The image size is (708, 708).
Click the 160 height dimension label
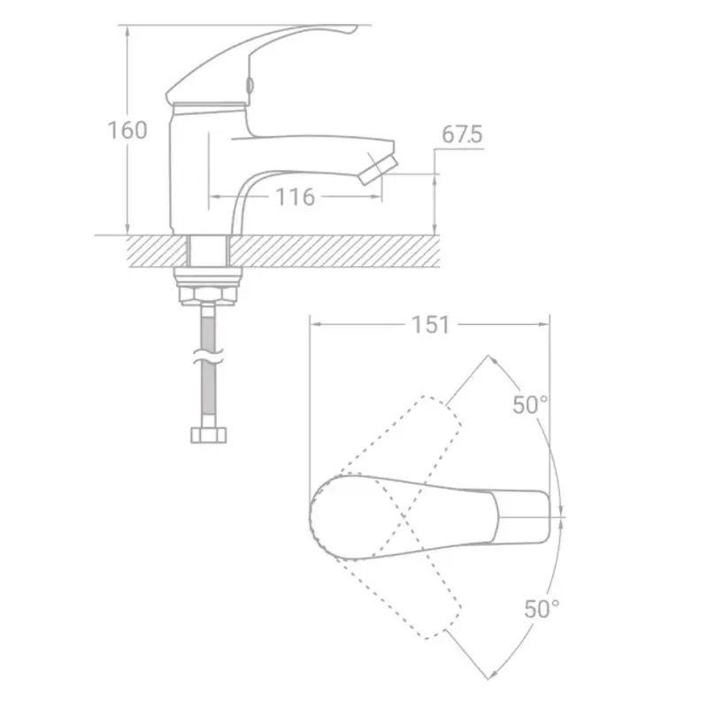point(127,130)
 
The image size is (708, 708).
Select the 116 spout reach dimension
point(295,196)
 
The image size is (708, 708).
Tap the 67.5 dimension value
point(462,135)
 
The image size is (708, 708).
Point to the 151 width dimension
point(431,325)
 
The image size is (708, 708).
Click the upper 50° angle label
point(530,404)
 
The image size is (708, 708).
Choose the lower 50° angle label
point(542,608)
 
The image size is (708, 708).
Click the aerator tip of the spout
point(379,169)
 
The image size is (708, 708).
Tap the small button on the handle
point(249,84)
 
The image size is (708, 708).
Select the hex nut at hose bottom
point(209,435)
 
